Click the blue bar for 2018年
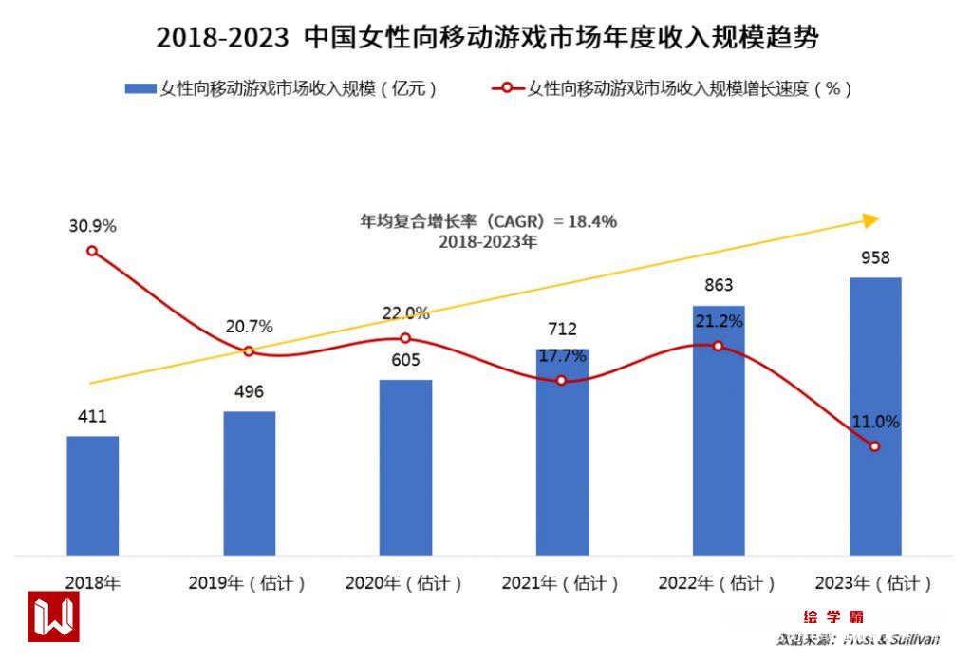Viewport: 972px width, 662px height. [x=93, y=495]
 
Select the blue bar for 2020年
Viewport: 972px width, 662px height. [x=405, y=467]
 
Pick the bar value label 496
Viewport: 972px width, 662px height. [x=249, y=392]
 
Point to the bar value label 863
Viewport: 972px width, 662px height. [x=719, y=285]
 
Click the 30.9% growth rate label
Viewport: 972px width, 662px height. [x=92, y=226]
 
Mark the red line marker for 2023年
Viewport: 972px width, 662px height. [x=874, y=446]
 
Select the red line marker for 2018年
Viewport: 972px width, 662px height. [x=92, y=251]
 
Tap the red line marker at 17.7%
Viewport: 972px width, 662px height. [x=561, y=380]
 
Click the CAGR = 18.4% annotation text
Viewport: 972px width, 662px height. [x=488, y=222]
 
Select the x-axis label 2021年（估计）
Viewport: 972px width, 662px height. [x=562, y=583]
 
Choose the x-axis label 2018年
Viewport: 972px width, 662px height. [x=93, y=583]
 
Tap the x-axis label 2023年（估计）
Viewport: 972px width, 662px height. [x=874, y=583]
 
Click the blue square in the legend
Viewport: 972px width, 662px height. [x=140, y=88]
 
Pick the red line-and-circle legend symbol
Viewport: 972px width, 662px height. [x=507, y=88]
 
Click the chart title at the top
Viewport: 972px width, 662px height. [x=487, y=38]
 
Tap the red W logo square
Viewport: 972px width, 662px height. [x=53, y=616]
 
